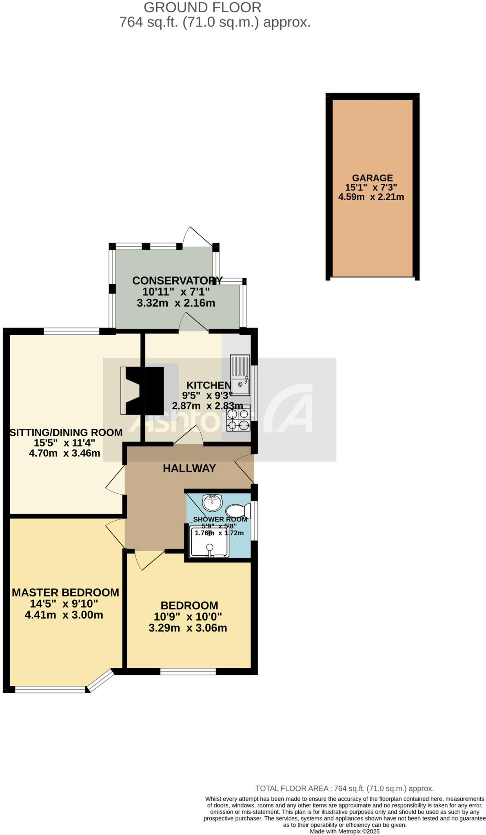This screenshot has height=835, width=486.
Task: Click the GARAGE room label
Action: (x=372, y=178)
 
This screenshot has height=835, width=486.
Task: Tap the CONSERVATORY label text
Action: (x=177, y=281)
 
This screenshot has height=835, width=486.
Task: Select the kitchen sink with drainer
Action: (x=240, y=376)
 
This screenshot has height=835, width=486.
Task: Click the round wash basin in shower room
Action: (x=212, y=503)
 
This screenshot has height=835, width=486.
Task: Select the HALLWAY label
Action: (x=189, y=468)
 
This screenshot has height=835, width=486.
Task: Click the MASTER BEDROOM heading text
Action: (x=65, y=592)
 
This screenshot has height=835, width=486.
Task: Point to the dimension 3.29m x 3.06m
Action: (x=188, y=628)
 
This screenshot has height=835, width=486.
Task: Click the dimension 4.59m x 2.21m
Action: (x=371, y=197)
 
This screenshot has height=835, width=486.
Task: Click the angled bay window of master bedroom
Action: (x=100, y=680)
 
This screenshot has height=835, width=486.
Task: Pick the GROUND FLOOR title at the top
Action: (x=202, y=7)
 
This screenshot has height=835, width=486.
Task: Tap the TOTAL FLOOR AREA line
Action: (x=344, y=789)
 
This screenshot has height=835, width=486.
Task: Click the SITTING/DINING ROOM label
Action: (x=66, y=433)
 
